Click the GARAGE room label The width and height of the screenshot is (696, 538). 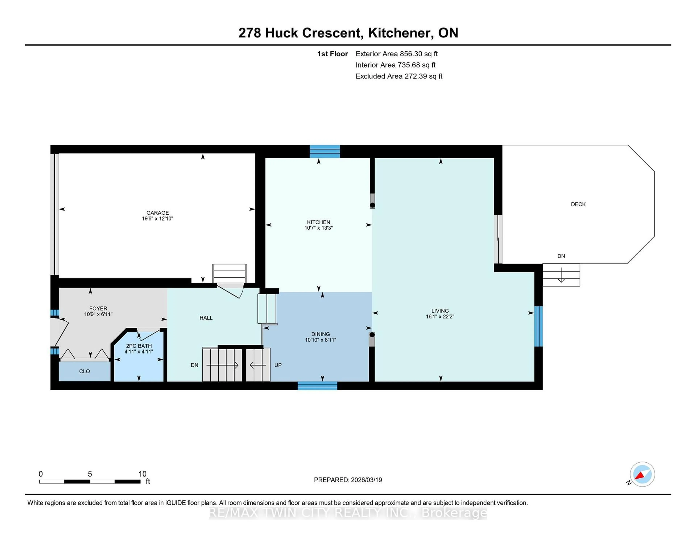coord(158,213)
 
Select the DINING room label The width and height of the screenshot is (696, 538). coord(321,334)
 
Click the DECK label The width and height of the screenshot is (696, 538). coord(578,204)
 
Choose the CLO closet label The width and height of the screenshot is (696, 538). coord(84,371)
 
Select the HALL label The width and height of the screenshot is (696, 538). coord(206,318)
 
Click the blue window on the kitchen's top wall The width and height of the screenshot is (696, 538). coord(325,151)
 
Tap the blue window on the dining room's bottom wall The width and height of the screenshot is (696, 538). coord(317,386)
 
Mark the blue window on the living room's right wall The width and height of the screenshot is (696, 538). coord(538,326)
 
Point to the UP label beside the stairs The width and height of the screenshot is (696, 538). coord(278,365)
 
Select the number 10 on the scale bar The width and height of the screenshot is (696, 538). coord(142,474)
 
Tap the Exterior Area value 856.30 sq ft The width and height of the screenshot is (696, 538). coord(419,54)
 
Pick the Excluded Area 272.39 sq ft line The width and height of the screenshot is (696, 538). coord(399,76)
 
